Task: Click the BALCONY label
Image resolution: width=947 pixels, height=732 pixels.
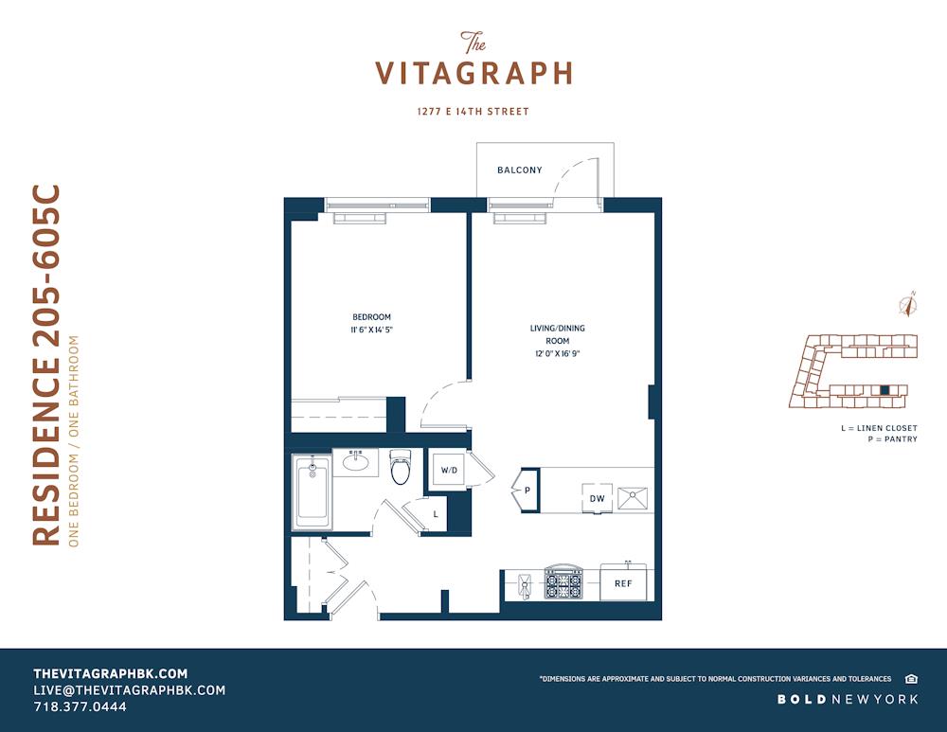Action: [519, 170]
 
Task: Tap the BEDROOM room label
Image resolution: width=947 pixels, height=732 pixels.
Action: [371, 317]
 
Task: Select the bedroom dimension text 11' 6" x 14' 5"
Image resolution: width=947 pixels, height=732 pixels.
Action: [371, 330]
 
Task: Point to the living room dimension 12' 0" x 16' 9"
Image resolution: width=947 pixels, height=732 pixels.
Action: [558, 354]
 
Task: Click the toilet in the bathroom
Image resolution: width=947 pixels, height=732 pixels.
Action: [400, 467]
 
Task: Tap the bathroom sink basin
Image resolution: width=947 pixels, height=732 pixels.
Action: [356, 463]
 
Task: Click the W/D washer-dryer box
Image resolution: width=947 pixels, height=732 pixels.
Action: [449, 470]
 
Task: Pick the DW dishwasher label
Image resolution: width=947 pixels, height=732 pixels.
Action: [598, 498]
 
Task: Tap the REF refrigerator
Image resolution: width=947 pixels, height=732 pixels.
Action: [623, 582]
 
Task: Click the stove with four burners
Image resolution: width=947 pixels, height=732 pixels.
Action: [563, 582]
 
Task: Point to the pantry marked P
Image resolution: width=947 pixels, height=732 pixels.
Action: [527, 490]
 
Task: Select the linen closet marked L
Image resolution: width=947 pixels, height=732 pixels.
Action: [436, 514]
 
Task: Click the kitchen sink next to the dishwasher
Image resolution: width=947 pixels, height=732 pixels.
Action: [633, 499]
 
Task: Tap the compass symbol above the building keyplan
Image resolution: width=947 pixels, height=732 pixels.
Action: [907, 304]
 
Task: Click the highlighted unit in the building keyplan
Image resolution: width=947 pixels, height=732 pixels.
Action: [884, 390]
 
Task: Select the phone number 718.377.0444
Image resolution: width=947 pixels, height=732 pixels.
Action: [80, 706]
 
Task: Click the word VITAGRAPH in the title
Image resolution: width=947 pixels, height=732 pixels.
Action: [473, 74]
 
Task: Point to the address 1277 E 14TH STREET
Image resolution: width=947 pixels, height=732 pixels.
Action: [473, 111]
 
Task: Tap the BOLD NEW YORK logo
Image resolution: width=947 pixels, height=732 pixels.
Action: [848, 700]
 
